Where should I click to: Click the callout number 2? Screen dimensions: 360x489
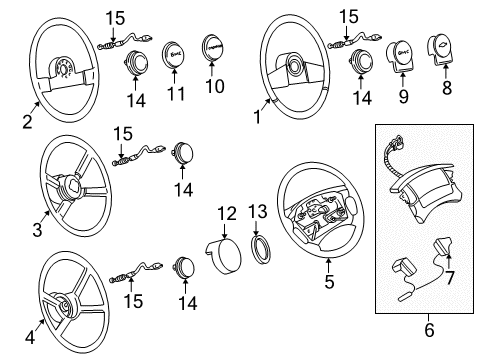pos(27,123)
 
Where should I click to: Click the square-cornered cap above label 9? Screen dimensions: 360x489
pos(405,63)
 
